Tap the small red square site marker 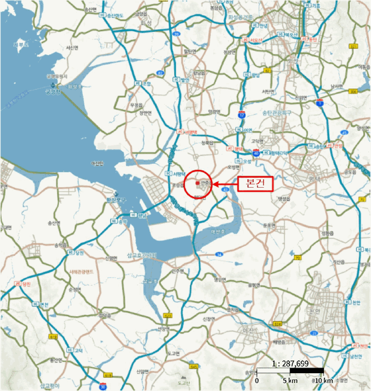pyautogui.click(x=197, y=182)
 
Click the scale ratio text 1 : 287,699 pyautogui.click(x=290, y=363)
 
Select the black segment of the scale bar pyautogui.click(x=307, y=371)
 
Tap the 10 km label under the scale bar pyautogui.click(x=324, y=380)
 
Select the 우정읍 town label pyautogui.click(x=136, y=104)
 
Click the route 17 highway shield pyautogui.click(x=241, y=115)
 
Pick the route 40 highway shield pyautogui.click(x=255, y=152)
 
